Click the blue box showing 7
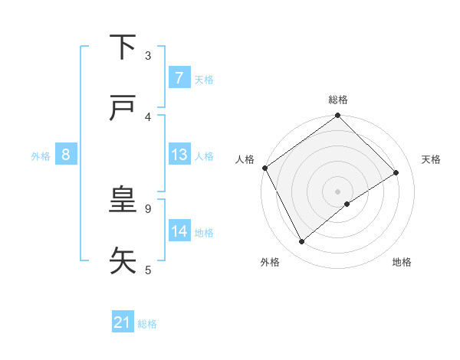[x=179, y=78]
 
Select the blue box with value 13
[x=179, y=155]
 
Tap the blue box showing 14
[x=179, y=231]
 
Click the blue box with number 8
[x=66, y=155]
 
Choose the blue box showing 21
[x=123, y=323]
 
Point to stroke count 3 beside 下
[x=148, y=55]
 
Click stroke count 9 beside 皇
[x=148, y=208]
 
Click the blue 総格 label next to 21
[x=147, y=324]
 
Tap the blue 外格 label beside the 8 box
[x=41, y=155]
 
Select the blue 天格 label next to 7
[x=204, y=79]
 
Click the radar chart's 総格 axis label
[x=338, y=100]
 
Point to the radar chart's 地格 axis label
[x=402, y=262]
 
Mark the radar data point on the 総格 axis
[x=338, y=116]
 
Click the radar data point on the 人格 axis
[x=265, y=168]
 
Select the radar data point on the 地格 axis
[x=347, y=204]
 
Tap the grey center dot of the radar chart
[x=338, y=191]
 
